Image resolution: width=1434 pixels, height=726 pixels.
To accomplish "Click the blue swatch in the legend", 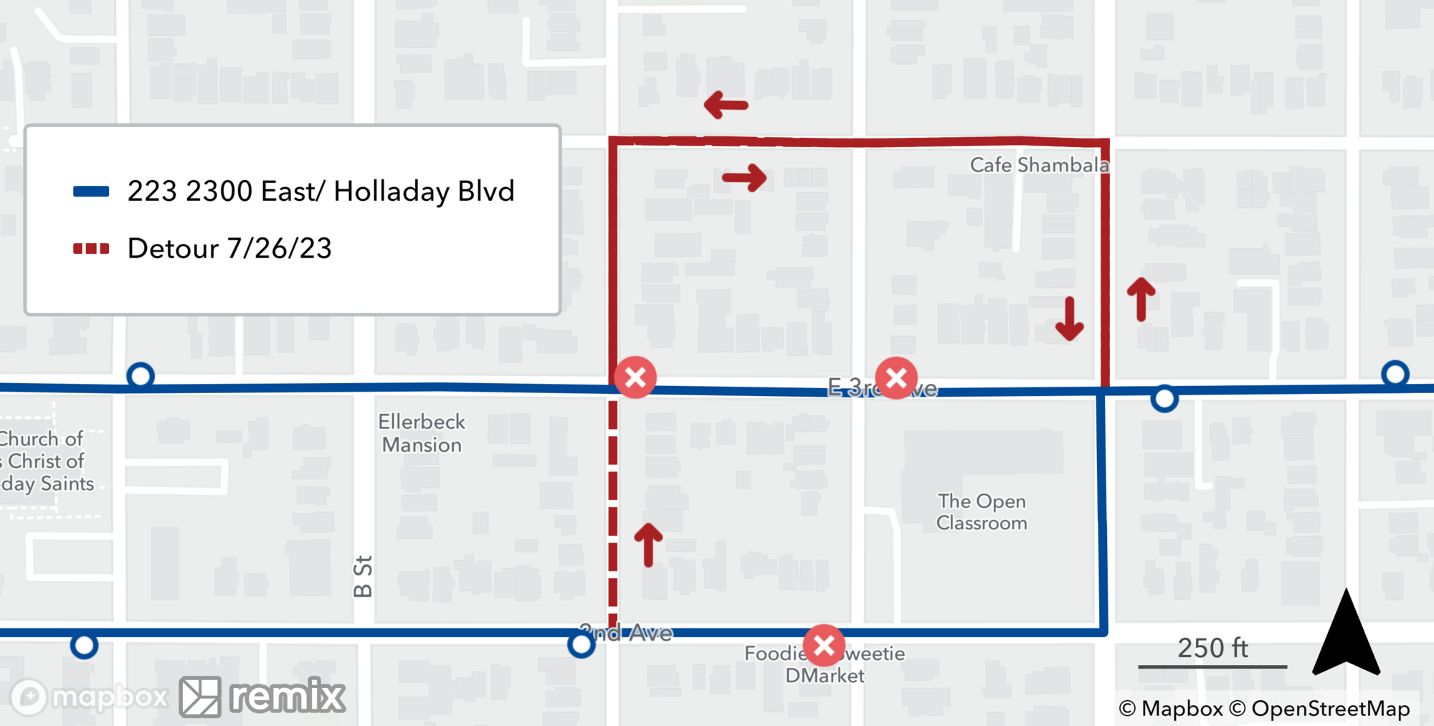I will pos(91,192).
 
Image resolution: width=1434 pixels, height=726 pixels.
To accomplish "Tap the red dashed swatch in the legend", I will pos(91,249).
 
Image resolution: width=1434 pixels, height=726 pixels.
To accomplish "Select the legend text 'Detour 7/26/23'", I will pos(229,249).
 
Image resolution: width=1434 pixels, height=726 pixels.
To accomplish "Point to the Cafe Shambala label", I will pos(1039,165).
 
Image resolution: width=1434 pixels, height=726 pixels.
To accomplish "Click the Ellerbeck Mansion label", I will pos(422,433).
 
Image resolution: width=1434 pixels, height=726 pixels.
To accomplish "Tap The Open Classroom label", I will pos(982,511).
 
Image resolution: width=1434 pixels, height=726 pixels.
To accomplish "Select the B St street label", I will pos(363,576).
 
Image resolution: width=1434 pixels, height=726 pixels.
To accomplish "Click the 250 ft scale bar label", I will pos(1212,649).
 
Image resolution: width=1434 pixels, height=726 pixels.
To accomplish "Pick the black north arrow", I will pos(1346,634).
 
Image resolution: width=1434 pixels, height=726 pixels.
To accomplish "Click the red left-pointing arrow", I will pos(726,105).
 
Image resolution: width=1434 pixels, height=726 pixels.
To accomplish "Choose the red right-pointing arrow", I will pos(744,177).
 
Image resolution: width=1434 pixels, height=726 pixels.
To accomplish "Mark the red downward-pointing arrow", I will pos(1069,319).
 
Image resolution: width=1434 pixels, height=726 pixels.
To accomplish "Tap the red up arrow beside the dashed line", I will pos(648,544).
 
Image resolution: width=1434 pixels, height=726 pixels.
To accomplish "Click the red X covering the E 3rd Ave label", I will pos(896,378).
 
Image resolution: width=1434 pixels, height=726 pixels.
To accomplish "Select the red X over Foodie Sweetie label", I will pos(824,646).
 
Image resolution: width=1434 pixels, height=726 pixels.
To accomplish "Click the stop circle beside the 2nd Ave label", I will pos(581,645).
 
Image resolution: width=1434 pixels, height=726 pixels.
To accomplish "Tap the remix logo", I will pos(262,697).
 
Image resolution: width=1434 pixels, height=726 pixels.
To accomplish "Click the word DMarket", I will pos(825,676).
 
